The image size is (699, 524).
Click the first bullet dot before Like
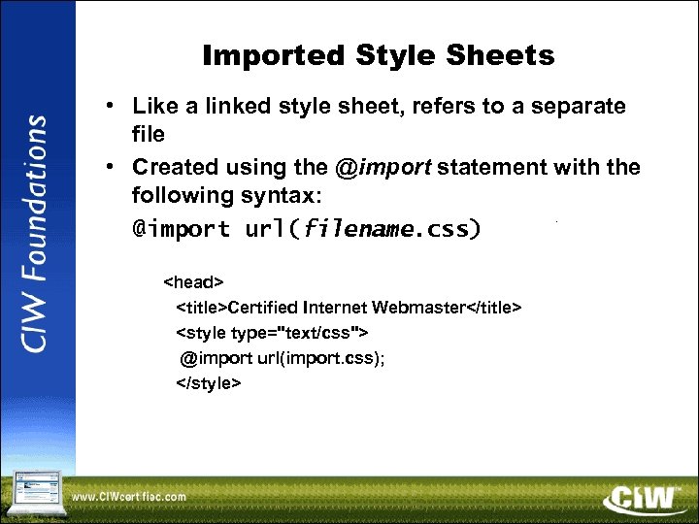[114, 105]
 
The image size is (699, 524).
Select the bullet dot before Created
[114, 167]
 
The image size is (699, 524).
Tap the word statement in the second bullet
[492, 167]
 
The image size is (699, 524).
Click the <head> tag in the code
[193, 282]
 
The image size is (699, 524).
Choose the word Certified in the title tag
[263, 308]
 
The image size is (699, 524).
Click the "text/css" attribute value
[320, 333]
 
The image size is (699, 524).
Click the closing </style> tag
[208, 383]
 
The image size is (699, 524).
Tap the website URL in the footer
[128, 498]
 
